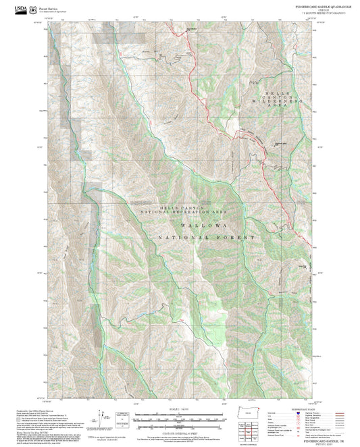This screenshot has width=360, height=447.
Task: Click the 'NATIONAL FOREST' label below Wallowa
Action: pyautogui.click(x=206, y=238)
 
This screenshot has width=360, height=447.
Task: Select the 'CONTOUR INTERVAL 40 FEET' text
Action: pyautogui.click(x=179, y=427)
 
